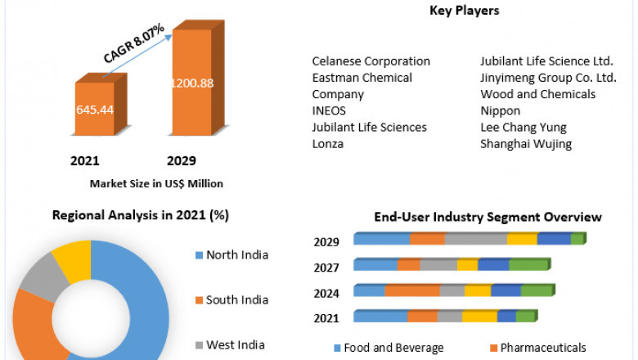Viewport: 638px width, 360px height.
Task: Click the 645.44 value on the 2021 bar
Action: pos(95,109)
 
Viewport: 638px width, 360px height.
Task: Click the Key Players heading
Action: pos(464,11)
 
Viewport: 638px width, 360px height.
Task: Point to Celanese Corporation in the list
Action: pos(371,61)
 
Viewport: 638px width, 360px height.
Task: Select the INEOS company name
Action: pos(329,110)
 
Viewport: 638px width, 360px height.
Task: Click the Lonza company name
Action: pos(328,144)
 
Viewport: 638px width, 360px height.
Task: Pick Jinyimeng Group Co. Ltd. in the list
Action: pos(548,78)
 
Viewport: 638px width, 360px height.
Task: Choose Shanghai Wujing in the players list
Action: pos(526,144)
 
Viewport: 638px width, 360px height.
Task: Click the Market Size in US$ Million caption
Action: pos(156,183)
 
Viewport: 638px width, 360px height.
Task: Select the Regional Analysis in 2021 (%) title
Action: pos(140,215)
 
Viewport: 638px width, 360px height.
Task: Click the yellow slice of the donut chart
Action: pos(71,261)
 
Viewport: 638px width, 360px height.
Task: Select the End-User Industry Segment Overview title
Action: pos(487,217)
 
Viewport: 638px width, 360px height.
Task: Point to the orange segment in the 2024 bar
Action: pos(411,290)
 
